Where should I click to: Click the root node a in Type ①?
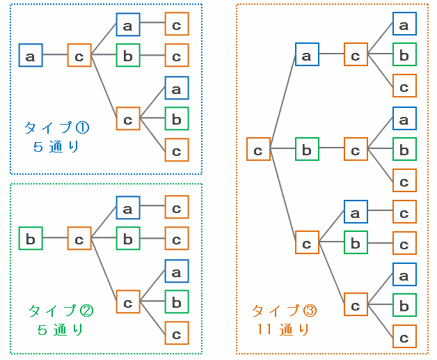[30, 56]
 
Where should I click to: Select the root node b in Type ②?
[30, 240]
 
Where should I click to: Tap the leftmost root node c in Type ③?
[258, 150]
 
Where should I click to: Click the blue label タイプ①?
[57, 128]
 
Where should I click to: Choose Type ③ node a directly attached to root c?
[307, 55]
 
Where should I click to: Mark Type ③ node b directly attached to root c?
[307, 150]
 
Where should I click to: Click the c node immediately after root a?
[79, 56]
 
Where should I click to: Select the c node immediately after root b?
[79, 240]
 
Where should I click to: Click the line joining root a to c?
[54, 56]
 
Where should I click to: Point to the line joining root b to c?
[54, 240]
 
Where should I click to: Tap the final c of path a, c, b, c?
[176, 56]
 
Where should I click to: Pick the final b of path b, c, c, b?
[176, 302]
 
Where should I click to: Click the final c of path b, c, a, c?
[176, 208]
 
